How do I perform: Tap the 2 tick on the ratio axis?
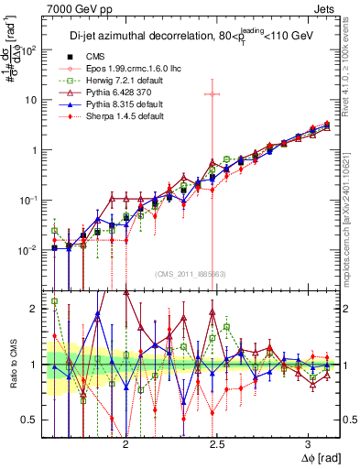[x=35, y=309]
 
